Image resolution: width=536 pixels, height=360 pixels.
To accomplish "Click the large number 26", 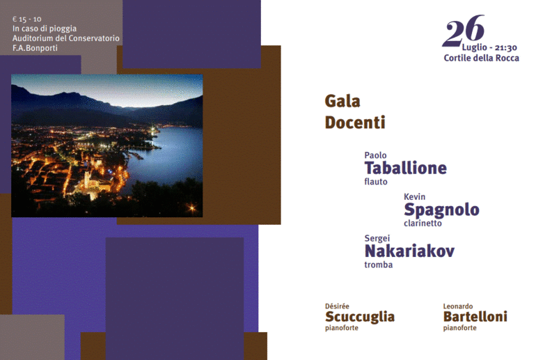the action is [463, 31].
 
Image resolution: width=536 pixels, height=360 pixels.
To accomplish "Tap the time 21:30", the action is [506, 47].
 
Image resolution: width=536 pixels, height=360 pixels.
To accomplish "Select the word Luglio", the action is [475, 47].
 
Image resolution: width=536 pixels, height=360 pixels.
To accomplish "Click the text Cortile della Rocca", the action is [481, 58].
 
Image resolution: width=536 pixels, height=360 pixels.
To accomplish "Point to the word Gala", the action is [342, 101].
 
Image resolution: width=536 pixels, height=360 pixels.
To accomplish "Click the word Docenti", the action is [355, 123].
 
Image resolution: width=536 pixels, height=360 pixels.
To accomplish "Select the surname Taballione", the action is [405, 168].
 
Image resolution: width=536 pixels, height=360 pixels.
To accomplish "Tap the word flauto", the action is [376, 182].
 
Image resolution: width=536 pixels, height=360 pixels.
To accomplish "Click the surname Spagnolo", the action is [441, 210].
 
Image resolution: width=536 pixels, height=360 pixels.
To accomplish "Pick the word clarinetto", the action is [423, 224].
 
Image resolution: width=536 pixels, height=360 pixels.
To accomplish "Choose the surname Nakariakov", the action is [409, 251].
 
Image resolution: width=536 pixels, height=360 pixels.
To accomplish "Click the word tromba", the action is [379, 265].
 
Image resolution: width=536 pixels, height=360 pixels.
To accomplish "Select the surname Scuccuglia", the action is [360, 318].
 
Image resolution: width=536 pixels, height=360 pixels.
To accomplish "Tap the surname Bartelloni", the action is [475, 317].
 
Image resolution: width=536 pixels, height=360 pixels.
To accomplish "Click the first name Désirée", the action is [337, 306].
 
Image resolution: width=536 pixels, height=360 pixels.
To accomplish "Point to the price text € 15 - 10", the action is [27, 19].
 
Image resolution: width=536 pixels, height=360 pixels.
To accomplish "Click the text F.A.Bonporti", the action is [35, 48].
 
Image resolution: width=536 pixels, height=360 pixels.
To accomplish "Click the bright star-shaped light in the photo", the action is [192, 208].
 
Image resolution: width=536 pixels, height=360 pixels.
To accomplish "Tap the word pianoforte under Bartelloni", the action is [459, 328].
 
